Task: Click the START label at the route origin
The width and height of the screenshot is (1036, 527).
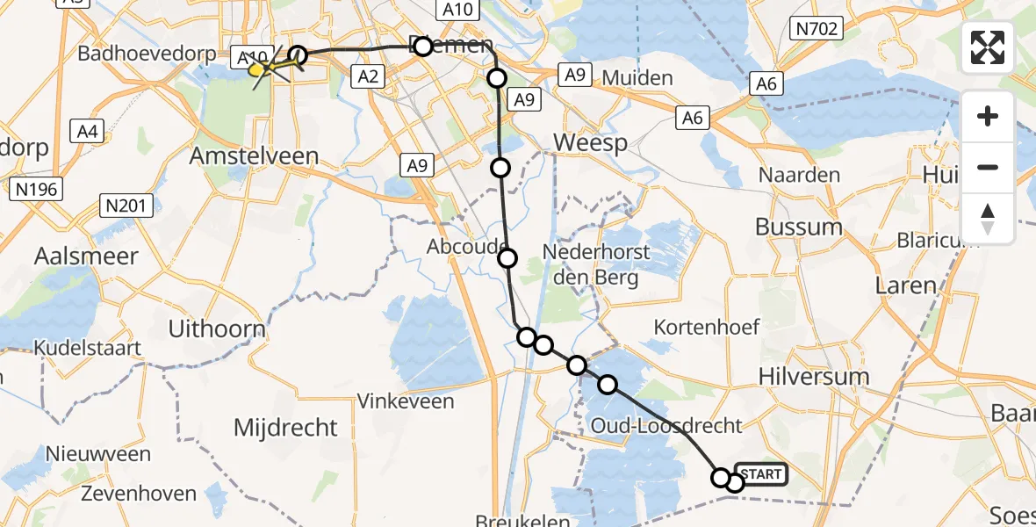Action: [x=760, y=475]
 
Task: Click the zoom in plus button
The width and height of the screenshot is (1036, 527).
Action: [x=988, y=116]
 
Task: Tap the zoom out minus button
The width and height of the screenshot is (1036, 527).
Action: [x=988, y=167]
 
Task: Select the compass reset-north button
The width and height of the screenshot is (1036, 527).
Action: [x=988, y=219]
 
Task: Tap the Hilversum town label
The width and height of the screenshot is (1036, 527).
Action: [x=813, y=377]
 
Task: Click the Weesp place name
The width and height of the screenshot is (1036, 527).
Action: [x=590, y=143]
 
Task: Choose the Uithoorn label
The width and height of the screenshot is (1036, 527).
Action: [x=217, y=330]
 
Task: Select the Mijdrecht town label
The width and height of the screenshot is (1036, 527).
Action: [x=285, y=428]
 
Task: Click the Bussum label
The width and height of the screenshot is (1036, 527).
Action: [x=798, y=227]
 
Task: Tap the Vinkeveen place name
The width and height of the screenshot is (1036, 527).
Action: [x=406, y=401]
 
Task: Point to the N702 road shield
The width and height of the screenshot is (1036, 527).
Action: [x=817, y=30]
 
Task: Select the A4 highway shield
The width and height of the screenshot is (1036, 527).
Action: [x=88, y=132]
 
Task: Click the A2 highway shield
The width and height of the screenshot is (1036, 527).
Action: [x=368, y=77]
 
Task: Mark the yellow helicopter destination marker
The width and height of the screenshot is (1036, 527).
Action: [x=258, y=69]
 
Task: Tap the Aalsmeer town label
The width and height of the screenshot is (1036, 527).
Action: [x=86, y=256]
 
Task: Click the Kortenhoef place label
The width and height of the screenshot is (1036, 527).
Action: [x=707, y=328]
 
